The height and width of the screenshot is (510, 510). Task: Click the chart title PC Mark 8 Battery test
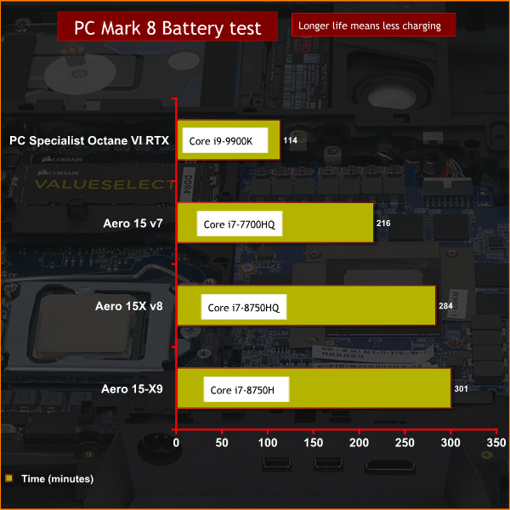(x=167, y=28)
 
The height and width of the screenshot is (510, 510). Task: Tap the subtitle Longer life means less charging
(x=370, y=25)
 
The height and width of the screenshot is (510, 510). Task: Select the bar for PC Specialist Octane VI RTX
(x=229, y=140)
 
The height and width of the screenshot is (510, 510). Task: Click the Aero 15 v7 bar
(x=275, y=223)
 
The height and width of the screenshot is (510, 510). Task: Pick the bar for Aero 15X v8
(x=306, y=305)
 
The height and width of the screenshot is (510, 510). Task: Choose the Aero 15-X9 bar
(x=314, y=388)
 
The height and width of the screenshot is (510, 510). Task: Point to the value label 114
(x=290, y=140)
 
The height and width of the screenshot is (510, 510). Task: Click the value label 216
(x=383, y=223)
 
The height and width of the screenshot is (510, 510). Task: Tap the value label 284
(x=445, y=306)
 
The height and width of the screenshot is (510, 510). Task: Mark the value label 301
(x=461, y=388)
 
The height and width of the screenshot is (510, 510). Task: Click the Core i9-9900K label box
(x=225, y=140)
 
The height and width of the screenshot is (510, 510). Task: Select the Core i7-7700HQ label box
(x=240, y=224)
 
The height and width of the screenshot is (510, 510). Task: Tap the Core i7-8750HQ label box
(x=244, y=307)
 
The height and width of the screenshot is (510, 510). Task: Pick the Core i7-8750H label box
(x=246, y=389)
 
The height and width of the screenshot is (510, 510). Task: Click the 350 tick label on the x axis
(x=496, y=443)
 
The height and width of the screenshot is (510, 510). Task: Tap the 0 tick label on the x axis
(x=176, y=443)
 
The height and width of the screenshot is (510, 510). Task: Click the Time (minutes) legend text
(x=57, y=479)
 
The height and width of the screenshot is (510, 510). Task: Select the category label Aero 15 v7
(x=133, y=224)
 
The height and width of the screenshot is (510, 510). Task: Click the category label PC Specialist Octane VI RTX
(x=89, y=140)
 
